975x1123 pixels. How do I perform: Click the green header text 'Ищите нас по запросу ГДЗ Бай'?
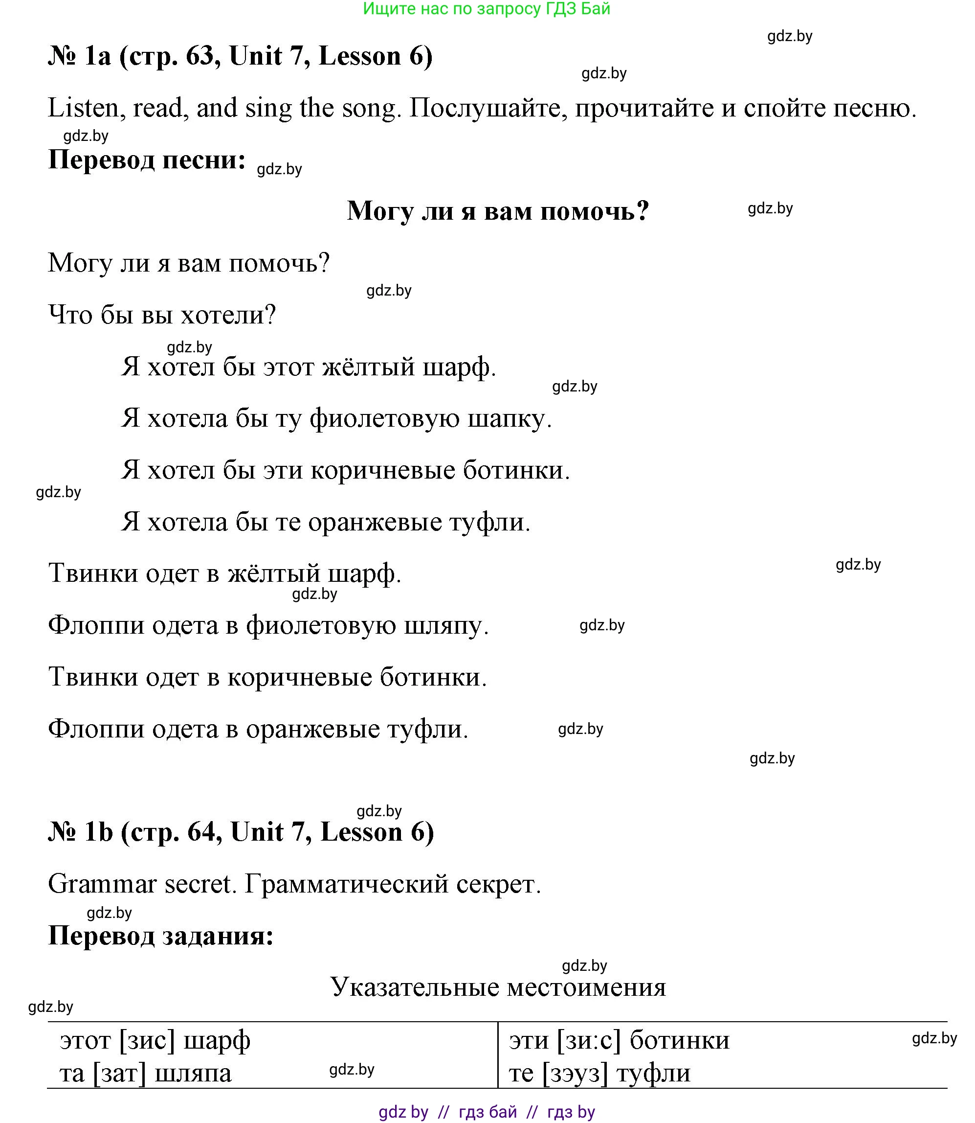click(487, 9)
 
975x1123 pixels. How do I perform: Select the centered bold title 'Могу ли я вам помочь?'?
click(498, 211)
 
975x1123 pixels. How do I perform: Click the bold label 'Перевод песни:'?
click(147, 160)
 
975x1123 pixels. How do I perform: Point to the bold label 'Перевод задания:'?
click(160, 936)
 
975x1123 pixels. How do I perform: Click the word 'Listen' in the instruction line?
click(83, 108)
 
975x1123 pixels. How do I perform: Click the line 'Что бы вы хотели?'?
click(162, 315)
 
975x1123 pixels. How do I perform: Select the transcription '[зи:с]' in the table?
click(589, 1040)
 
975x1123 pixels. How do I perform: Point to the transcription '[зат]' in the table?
click(120, 1073)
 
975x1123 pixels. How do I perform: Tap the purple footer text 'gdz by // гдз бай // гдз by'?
click(487, 1112)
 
